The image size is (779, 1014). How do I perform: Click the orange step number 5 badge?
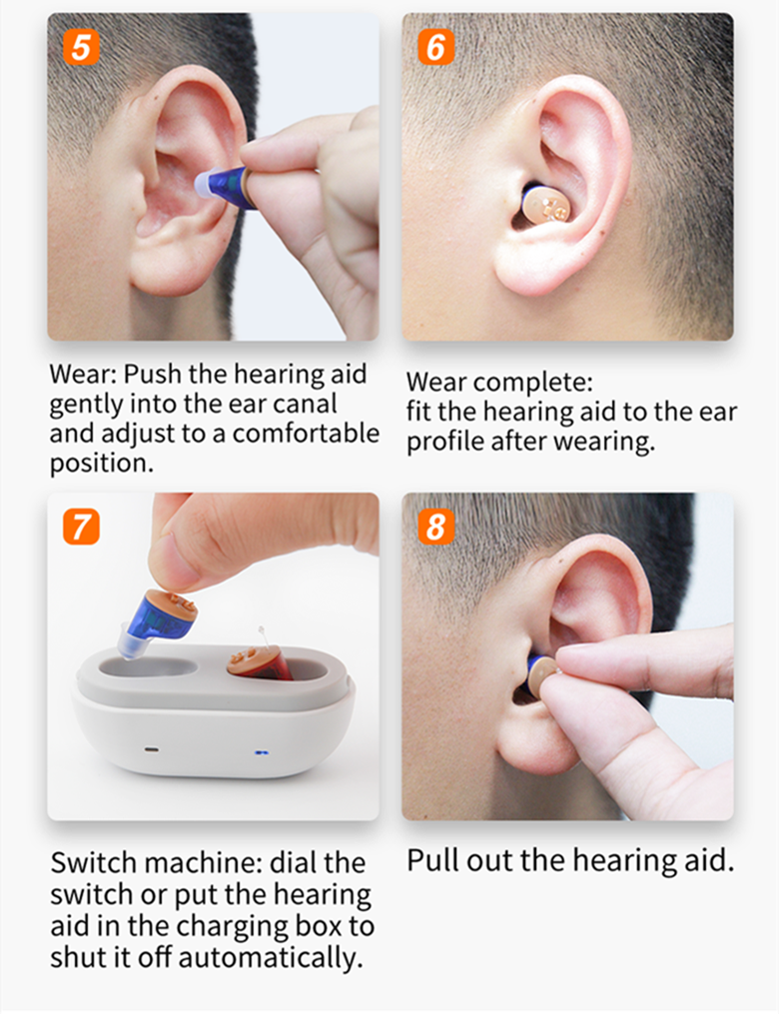coord(82,47)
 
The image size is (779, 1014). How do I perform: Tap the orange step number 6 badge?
coord(435,47)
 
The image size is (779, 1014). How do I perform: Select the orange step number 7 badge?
coord(82,526)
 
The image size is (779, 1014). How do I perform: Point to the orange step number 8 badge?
coord(435,526)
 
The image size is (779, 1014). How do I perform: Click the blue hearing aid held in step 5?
coord(224,186)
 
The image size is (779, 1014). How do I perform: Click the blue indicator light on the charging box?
coord(262,753)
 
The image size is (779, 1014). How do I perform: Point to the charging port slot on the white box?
coord(152,751)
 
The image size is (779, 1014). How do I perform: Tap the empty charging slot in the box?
coord(148,666)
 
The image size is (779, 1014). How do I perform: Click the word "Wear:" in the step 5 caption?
coord(84,374)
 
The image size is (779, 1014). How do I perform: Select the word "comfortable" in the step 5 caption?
coord(306,434)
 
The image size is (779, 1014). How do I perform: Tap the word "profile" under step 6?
coord(445,442)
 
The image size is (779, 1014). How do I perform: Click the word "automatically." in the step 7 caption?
coord(271,958)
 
